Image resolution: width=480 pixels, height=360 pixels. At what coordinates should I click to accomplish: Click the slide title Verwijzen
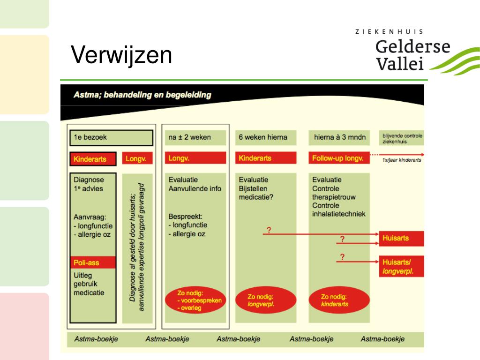click(121, 55)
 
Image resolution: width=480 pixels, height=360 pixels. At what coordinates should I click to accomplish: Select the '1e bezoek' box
click(112, 138)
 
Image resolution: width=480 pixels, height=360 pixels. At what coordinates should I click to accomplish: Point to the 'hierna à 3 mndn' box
click(339, 137)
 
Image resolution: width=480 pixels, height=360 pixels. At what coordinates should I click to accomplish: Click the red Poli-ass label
click(92, 262)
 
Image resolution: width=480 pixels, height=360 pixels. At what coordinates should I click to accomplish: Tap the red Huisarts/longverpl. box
click(402, 267)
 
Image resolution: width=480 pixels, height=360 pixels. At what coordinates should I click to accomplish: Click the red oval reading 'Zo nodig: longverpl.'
click(265, 300)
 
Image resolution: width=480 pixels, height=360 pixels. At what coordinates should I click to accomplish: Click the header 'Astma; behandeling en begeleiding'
click(142, 95)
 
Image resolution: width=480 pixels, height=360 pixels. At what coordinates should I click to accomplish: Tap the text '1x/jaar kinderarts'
click(402, 160)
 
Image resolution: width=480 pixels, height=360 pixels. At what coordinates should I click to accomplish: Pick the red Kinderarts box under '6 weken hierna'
click(266, 158)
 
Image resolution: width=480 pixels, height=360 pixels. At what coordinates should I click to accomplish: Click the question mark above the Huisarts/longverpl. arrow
click(342, 256)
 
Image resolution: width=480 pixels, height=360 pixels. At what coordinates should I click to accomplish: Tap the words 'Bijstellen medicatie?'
click(256, 193)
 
